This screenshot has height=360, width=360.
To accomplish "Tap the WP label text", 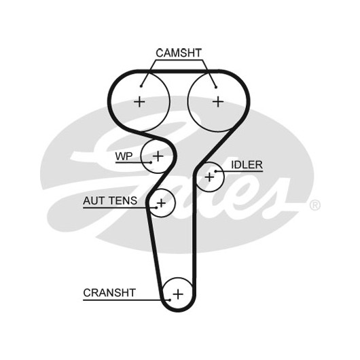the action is click(124, 156).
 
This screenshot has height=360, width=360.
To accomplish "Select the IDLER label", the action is click(247, 165).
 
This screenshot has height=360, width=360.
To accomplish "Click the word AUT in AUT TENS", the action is click(93, 200).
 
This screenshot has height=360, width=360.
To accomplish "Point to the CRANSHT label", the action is click(109, 293).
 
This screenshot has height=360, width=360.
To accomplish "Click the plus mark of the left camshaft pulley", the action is click(139, 102).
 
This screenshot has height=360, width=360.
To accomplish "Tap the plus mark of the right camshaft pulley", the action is click(218, 102).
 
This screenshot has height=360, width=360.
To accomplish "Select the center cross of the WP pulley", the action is click(158, 156).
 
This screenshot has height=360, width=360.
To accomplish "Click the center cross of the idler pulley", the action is click(209, 177).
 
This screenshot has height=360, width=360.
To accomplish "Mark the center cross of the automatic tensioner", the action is click(161, 203).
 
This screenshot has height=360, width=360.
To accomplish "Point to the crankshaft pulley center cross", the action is click(178, 294).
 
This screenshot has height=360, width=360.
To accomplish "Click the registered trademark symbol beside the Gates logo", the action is click(315, 205).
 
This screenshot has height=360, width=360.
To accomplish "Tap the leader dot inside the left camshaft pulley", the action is click(141, 86).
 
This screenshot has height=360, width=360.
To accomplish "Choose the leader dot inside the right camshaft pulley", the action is click(216, 87).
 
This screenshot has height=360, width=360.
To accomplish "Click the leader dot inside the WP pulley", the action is click(151, 162).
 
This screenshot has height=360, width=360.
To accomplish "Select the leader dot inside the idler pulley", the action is click(215, 171).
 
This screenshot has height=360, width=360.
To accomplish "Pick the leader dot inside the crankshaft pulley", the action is click(170, 300).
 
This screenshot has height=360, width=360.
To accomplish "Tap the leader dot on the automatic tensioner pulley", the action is click(156, 208).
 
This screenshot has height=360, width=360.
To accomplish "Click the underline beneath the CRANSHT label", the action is click(126, 300).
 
